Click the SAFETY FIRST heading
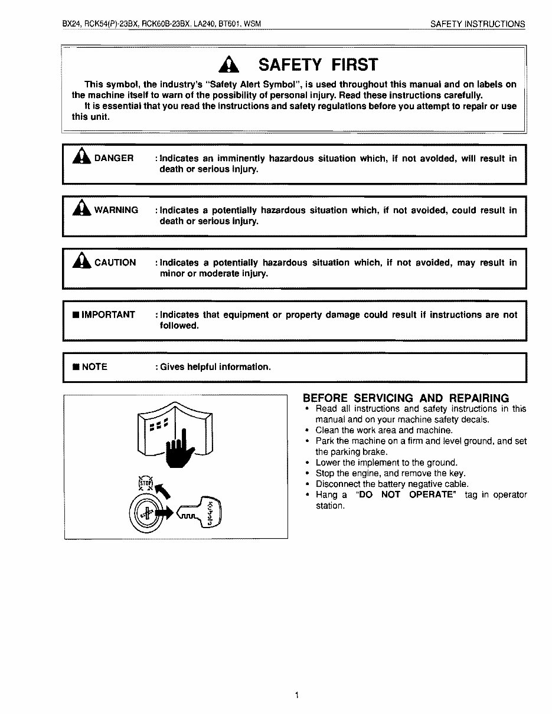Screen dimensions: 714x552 (318, 64)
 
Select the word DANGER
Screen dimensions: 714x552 (114, 159)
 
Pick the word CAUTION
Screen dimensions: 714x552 (115, 263)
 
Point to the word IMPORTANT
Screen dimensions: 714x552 (108, 315)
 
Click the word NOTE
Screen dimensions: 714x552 (94, 367)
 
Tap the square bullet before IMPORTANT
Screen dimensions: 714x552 (76, 315)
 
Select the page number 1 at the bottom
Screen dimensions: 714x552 (296, 695)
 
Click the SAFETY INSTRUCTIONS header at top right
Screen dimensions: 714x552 (477, 24)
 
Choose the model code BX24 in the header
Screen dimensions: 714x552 (71, 24)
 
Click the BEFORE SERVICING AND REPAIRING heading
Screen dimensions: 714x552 (406, 398)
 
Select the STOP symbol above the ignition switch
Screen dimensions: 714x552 (145, 483)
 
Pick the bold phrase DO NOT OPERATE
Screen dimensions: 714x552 (407, 495)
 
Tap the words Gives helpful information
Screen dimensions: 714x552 (215, 367)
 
